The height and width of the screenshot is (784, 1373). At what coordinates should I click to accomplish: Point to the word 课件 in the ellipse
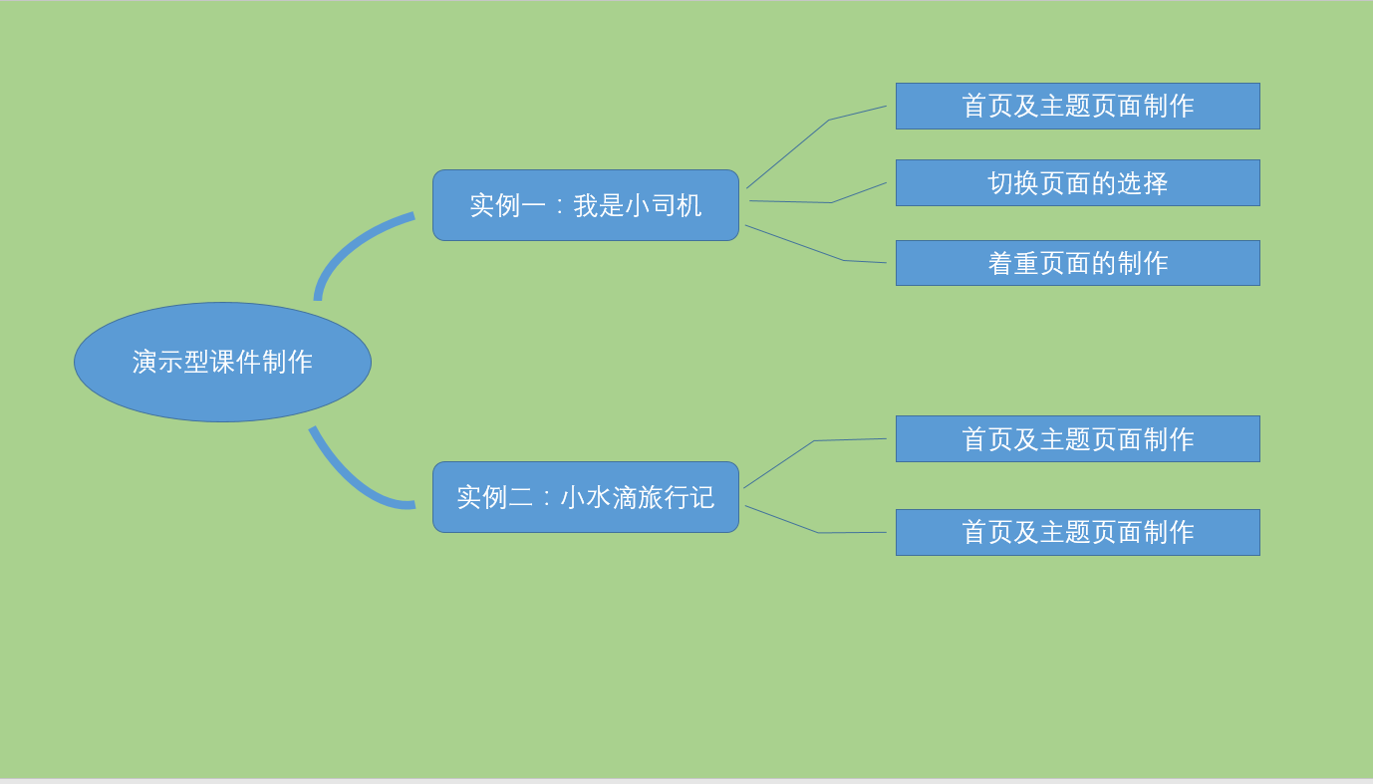(x=235, y=362)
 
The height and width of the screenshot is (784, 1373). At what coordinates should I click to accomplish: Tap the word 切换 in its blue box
(x=1013, y=183)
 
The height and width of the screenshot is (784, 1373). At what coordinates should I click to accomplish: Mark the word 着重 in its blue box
(x=1013, y=263)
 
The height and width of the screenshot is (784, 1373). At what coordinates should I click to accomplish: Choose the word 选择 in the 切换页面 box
(x=1143, y=183)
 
